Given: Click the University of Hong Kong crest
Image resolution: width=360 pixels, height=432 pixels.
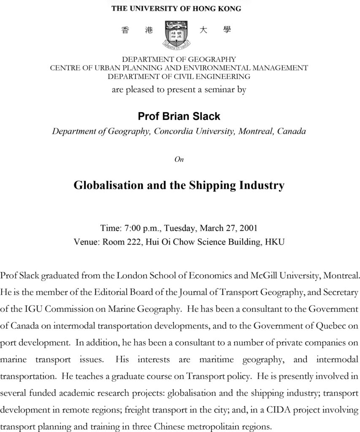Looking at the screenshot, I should click(x=176, y=33).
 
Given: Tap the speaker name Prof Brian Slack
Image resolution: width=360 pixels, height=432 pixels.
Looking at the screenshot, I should click(x=179, y=116).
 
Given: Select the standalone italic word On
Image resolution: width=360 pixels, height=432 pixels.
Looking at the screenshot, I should click(x=179, y=159).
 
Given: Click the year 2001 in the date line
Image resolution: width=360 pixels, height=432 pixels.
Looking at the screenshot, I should click(x=248, y=228).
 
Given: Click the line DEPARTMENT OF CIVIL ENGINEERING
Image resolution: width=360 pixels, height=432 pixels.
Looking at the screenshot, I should click(x=179, y=76).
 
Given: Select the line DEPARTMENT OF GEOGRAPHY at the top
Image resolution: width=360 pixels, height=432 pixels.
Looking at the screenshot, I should click(x=179, y=59).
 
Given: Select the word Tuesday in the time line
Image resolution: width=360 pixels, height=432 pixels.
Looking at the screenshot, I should click(x=180, y=228).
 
